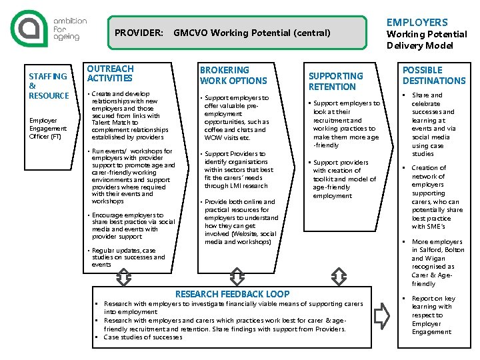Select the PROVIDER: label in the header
pos(139,33)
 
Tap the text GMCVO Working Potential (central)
pos(251,33)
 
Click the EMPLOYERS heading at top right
pos(417,22)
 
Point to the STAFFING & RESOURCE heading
pos(48,86)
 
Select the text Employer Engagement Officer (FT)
pos(47,129)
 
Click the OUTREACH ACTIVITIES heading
pos(110,73)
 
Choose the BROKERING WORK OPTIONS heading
pos(233,75)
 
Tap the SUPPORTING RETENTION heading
pos(335,81)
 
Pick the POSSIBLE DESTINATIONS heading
pos(433,75)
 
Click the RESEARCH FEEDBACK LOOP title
pos(232,294)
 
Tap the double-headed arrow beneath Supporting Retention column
pos(339,276)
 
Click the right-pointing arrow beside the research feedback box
pos(382,315)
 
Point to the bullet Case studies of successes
pos(143,337)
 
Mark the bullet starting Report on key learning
pos(433,315)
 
